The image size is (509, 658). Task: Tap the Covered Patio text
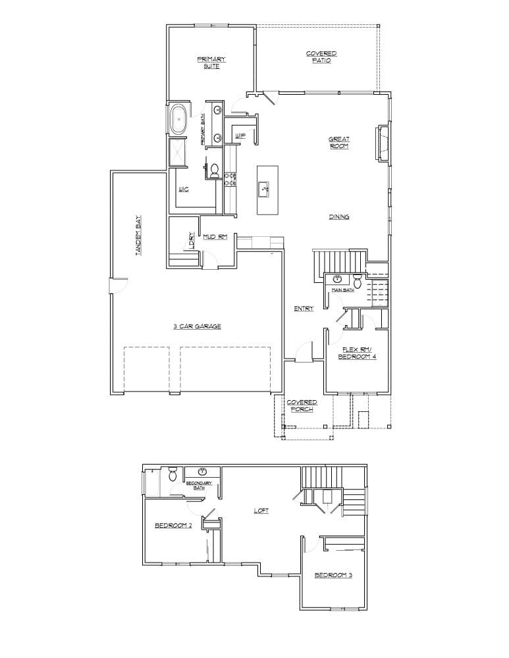[321, 57]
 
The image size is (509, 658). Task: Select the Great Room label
[339, 142]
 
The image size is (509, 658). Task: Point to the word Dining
[339, 216]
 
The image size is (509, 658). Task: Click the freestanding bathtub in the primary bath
[178, 121]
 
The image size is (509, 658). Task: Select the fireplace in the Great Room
[380, 143]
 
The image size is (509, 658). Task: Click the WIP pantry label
[240, 136]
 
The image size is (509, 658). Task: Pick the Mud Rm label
[215, 237]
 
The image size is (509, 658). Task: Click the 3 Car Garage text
[197, 326]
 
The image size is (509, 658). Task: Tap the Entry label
[304, 308]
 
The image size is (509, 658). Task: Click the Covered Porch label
[302, 405]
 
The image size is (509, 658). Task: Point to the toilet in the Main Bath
[358, 278]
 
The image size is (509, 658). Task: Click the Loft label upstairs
[261, 511]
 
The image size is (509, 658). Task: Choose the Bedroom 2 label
[173, 525]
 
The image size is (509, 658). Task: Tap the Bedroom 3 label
[333, 575]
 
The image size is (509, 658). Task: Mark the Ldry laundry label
[192, 240]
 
